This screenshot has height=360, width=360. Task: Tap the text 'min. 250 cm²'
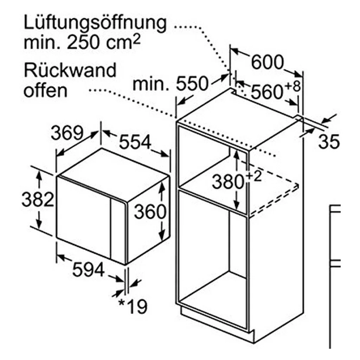(82, 43)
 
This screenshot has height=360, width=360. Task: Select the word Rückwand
(70, 70)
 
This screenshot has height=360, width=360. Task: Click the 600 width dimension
(268, 62)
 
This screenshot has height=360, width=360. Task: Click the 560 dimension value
(266, 92)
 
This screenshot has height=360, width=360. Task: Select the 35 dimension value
(329, 141)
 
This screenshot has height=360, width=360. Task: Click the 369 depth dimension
(67, 133)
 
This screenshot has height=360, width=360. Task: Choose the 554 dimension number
(135, 142)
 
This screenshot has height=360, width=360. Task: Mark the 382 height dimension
(38, 199)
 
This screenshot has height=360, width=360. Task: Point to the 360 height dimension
(150, 211)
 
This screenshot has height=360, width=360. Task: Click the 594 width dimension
(88, 269)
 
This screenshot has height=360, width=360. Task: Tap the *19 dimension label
(133, 306)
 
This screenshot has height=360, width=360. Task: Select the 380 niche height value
(228, 182)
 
